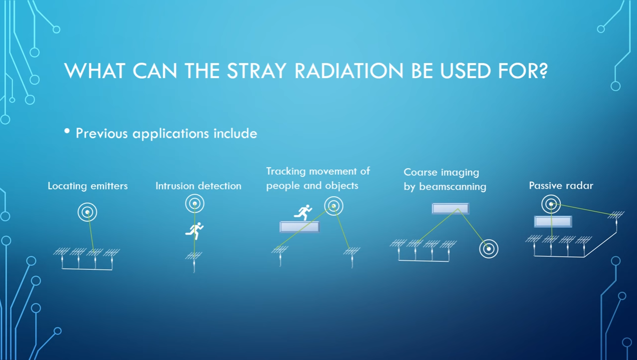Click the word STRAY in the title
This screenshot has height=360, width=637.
tap(256, 71)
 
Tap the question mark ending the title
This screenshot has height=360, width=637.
tap(542, 71)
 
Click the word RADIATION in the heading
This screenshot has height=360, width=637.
tap(349, 71)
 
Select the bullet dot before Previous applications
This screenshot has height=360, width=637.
tap(67, 131)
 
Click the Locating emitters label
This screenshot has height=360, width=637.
tap(88, 186)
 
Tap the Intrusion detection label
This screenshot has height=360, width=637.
tap(198, 186)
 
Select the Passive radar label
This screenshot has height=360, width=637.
tap(561, 186)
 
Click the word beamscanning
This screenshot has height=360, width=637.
tap(453, 187)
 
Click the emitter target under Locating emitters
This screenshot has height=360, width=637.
tap(87, 212)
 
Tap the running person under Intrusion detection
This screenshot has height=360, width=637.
tap(195, 231)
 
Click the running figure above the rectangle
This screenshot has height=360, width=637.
tap(303, 212)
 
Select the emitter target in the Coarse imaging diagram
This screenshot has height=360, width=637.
tap(489, 249)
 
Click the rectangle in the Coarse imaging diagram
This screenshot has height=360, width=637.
tap(450, 209)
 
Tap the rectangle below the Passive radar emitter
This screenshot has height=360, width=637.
tap(553, 222)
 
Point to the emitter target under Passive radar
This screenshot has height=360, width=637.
tap(551, 204)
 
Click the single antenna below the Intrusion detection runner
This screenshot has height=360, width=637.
tap(194, 261)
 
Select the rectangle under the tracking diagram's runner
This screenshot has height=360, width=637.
tap(299, 227)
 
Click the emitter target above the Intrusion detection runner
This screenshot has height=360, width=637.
tap(195, 203)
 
